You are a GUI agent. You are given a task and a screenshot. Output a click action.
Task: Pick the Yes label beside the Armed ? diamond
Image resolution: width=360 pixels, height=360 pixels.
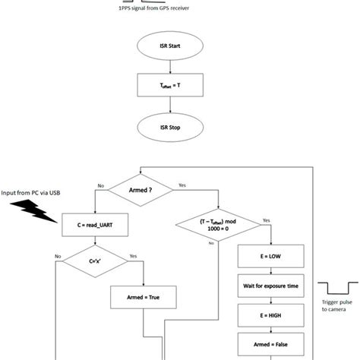tap(182, 185)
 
